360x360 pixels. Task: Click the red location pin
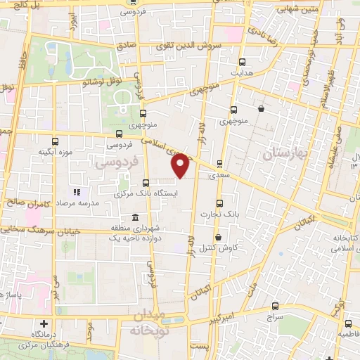tap(181, 167)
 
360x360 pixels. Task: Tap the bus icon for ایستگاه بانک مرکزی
tap(146, 181)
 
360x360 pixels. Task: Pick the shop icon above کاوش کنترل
tap(219, 237)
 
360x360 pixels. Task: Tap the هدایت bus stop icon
tap(243, 62)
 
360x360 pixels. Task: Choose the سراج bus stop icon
tap(275, 307)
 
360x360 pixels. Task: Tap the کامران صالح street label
tap(34, 202)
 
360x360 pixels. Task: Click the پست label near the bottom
tap(201, 347)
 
